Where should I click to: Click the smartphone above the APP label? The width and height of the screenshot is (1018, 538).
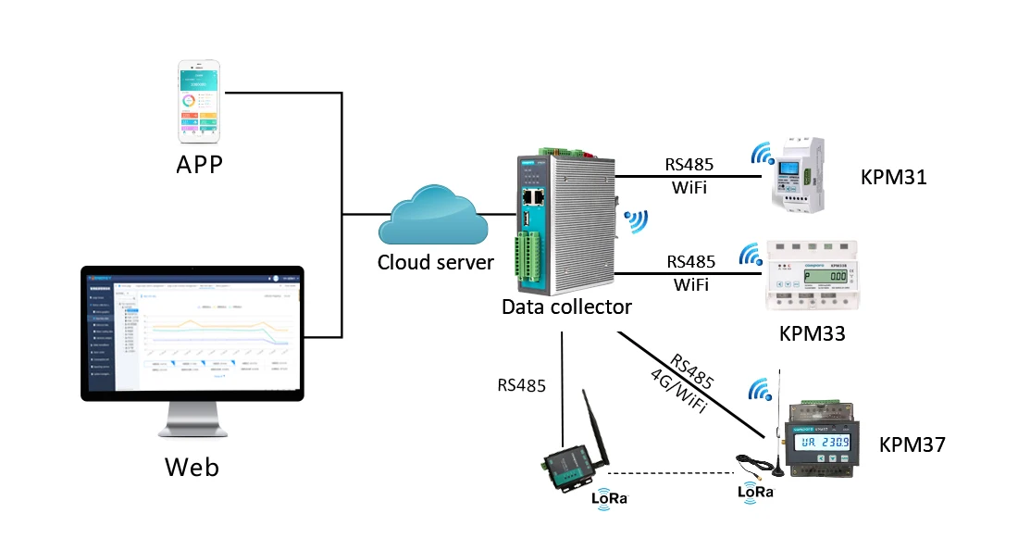click(x=200, y=102)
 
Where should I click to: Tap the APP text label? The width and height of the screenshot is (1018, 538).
click(x=201, y=166)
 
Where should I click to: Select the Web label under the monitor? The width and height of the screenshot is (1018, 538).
click(x=192, y=466)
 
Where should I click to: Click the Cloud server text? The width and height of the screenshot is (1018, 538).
click(x=435, y=262)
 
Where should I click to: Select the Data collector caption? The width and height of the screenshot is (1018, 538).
click(x=566, y=307)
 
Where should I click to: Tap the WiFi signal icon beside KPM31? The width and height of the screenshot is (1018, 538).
click(x=763, y=153)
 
